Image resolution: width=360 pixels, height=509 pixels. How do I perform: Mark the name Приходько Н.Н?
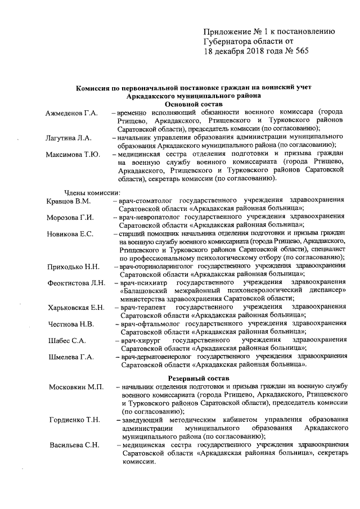[74, 266]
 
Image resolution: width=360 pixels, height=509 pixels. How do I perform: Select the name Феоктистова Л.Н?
[76, 282]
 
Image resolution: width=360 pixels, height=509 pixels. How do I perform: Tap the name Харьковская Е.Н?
[76, 307]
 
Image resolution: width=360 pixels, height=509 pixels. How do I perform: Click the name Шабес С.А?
[67, 340]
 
